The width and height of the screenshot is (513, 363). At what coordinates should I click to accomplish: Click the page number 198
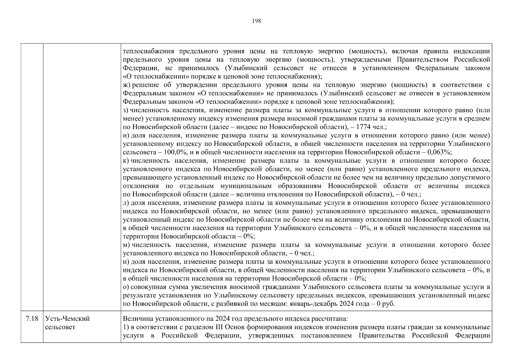point(256,21)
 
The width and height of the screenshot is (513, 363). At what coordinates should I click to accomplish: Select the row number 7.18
point(32,319)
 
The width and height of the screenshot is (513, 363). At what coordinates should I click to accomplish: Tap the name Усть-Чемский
point(67,319)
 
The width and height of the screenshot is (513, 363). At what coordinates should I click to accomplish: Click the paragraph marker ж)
point(127,85)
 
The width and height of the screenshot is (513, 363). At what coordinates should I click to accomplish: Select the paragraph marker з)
point(126,110)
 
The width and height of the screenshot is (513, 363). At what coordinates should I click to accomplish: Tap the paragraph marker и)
point(126,136)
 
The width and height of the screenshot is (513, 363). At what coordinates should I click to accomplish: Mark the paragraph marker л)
point(126,203)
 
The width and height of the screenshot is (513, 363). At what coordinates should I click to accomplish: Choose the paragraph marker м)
point(126,245)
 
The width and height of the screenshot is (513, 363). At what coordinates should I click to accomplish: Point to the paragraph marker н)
point(126,262)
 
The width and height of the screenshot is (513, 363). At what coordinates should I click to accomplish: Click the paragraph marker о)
point(126,287)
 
